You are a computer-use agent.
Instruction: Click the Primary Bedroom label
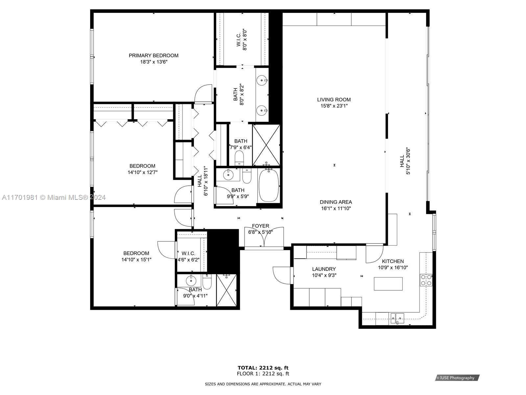click(x=153, y=56)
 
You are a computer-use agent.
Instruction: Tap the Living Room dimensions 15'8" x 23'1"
click(x=334, y=106)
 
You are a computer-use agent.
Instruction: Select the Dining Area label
click(x=336, y=202)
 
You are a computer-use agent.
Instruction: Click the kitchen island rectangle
click(x=388, y=284)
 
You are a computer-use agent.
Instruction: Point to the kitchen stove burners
click(x=426, y=280)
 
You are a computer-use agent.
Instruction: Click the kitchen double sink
click(x=397, y=318)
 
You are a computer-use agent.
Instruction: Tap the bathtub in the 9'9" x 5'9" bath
click(x=269, y=186)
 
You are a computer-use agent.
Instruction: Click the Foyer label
click(x=260, y=226)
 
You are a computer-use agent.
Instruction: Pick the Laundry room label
click(x=324, y=269)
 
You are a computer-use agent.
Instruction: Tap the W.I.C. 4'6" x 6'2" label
click(x=188, y=253)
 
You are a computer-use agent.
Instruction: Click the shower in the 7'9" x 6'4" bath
click(x=266, y=145)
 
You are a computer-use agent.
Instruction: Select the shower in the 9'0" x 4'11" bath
click(x=226, y=290)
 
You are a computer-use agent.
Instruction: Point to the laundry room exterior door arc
click(x=281, y=275)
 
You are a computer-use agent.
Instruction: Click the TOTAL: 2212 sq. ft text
click(x=263, y=368)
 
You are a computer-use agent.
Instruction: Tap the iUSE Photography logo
click(x=457, y=378)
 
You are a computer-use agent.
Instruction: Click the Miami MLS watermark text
click(x=54, y=197)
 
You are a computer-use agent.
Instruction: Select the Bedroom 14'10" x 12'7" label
click(x=142, y=166)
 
